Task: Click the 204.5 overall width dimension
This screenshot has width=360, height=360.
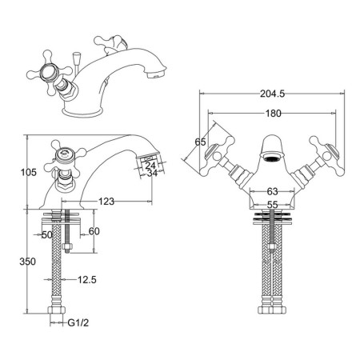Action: click(272, 94)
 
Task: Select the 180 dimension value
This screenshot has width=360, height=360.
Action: click(274, 114)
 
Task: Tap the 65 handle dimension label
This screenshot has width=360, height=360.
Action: click(200, 142)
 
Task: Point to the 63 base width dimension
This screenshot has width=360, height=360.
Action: click(272, 191)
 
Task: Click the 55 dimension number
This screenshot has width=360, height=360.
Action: click(272, 205)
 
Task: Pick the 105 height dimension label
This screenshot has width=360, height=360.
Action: click(29, 172)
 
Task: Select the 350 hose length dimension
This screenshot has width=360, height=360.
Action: click(27, 262)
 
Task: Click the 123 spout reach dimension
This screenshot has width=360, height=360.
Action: click(106, 202)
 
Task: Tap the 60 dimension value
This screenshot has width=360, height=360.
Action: click(94, 231)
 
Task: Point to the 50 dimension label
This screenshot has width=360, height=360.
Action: click(47, 235)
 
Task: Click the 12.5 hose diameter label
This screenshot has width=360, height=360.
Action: click(87, 280)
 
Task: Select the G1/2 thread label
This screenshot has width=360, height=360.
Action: click(78, 323)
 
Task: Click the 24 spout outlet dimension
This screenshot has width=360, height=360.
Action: click(150, 166)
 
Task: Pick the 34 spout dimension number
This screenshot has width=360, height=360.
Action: click(152, 173)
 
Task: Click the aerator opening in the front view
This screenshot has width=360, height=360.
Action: click(272, 157)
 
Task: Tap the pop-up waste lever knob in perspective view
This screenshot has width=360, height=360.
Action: click(76, 57)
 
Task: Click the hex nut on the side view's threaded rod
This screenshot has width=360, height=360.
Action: click(66, 246)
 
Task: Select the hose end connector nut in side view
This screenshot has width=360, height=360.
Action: click(57, 310)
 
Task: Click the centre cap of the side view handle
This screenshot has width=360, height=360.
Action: click(63, 154)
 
